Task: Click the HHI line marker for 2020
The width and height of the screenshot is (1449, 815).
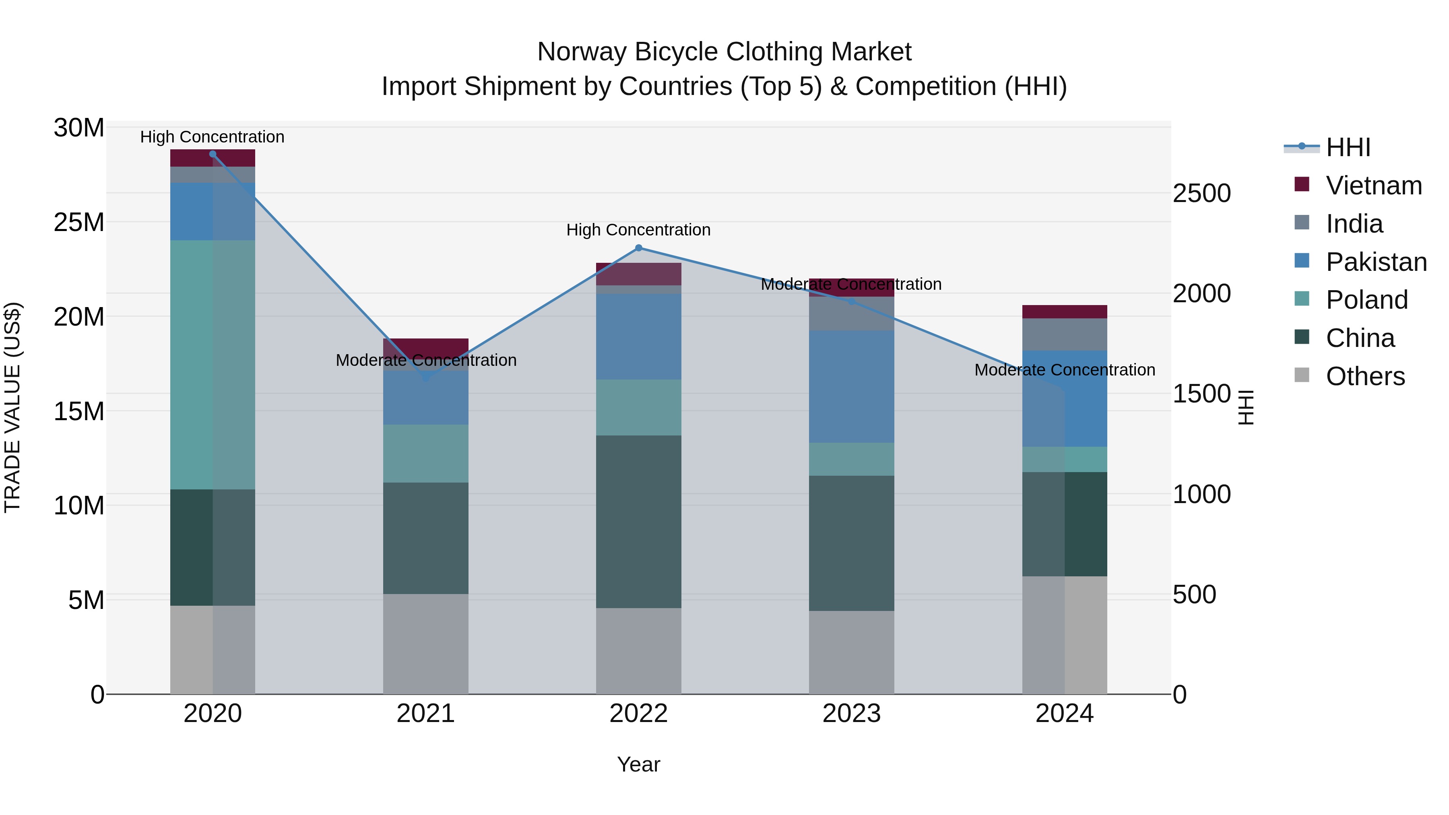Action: (x=213, y=154)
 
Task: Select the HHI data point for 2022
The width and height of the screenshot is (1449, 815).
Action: (x=638, y=248)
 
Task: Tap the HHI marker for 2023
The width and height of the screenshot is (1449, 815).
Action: (x=852, y=302)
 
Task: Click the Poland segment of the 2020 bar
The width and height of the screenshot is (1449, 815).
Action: (x=213, y=365)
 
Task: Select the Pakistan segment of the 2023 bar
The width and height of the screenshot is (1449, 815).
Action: (x=852, y=386)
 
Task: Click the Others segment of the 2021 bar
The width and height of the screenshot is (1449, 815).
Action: (x=426, y=644)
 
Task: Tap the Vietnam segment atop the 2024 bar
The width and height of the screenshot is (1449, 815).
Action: (x=1064, y=312)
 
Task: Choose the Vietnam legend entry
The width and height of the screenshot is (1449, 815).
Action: (x=1373, y=186)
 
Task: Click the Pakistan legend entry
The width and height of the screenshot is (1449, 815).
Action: (x=1375, y=262)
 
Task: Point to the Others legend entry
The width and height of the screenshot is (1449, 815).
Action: (x=1364, y=376)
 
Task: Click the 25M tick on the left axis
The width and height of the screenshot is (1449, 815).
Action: (x=79, y=223)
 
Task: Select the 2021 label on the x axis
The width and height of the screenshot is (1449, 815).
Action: (x=426, y=714)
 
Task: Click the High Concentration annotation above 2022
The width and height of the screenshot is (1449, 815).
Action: (x=638, y=230)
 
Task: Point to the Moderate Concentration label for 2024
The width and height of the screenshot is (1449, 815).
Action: (x=1064, y=370)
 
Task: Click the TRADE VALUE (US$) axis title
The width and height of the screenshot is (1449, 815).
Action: (x=12, y=407)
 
